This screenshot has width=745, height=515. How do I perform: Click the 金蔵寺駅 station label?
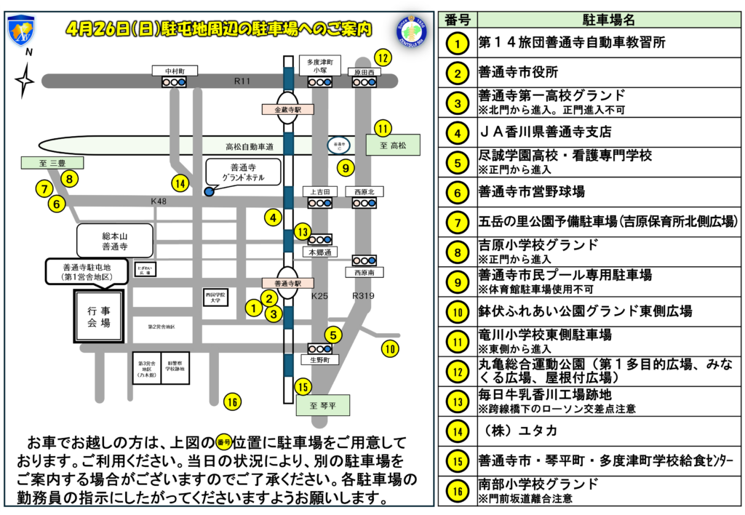[x=283, y=109]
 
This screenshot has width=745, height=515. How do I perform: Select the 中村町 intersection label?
[x=174, y=71]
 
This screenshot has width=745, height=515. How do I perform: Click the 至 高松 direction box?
[x=398, y=145]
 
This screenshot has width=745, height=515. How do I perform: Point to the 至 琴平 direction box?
[x=323, y=405]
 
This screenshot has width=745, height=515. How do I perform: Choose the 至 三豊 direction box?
[x=52, y=163]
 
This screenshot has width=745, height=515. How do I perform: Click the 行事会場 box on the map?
[x=98, y=316]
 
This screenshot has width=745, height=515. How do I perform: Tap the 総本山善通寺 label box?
[x=114, y=241]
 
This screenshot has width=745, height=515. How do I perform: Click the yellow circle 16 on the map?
[x=232, y=402]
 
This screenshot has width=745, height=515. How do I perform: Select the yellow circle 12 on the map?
[x=383, y=57]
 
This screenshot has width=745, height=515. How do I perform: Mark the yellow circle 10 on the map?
[x=391, y=348]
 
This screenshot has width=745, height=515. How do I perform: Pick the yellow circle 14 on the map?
[x=180, y=183]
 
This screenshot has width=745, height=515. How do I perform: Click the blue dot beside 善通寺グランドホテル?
[x=210, y=191]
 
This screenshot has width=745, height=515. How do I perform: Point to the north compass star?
[x=25, y=80]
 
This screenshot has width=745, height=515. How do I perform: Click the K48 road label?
[x=159, y=201]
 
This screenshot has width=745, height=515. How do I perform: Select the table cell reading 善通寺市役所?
[x=518, y=73]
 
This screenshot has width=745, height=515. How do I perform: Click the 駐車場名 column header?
[x=608, y=19]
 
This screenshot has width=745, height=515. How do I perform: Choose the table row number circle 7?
[x=457, y=222]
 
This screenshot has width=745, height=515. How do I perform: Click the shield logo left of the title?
[x=20, y=30]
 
